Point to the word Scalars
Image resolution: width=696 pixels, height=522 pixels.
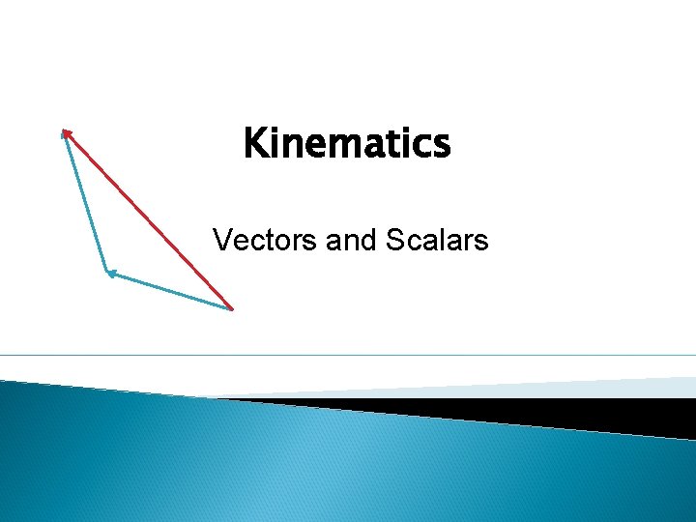tap(436, 239)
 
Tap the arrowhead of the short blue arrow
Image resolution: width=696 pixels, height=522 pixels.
tap(110, 274)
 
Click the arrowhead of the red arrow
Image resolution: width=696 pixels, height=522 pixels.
tap(66, 132)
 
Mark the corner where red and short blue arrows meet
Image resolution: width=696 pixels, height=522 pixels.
tap(232, 308)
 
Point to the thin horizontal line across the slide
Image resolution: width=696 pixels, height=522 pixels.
tap(348, 356)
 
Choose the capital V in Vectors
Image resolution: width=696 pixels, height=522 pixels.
tap(221, 239)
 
